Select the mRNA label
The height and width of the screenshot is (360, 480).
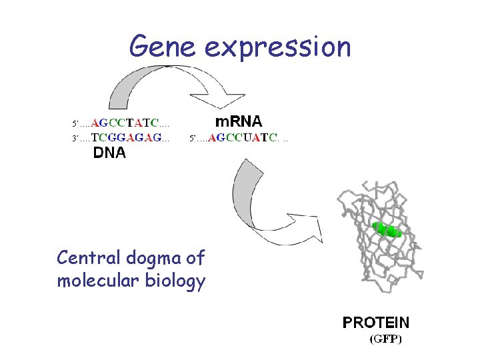click(x=238, y=122)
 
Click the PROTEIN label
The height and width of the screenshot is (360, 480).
click(x=376, y=323)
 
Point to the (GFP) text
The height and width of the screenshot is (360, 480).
click(x=386, y=339)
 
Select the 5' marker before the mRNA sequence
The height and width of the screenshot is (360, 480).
click(x=193, y=139)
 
